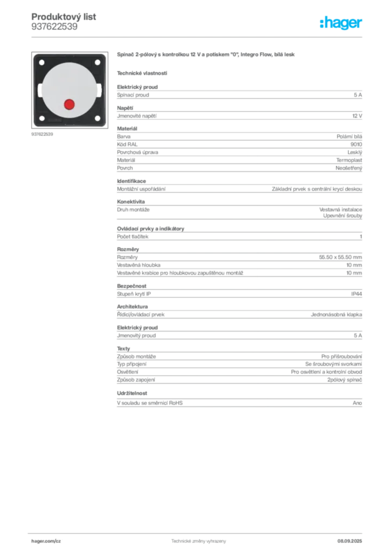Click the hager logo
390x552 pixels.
(340, 23)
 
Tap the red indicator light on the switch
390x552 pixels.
(69, 104)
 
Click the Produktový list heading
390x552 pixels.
(64, 17)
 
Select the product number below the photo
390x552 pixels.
(42, 134)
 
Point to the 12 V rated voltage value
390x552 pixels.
(357, 116)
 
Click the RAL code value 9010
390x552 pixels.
(356, 144)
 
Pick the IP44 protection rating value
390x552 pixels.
(357, 294)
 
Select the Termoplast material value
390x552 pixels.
(349, 160)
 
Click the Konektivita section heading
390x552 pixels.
(131, 202)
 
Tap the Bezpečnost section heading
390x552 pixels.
(131, 286)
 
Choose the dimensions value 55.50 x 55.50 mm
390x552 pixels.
(340, 257)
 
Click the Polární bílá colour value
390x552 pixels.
(349, 136)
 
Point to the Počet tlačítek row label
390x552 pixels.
(133, 237)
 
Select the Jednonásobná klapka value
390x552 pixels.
(336, 315)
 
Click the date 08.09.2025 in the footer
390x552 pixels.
(350, 541)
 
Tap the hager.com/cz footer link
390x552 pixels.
(46, 541)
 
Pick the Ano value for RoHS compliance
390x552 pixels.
(357, 403)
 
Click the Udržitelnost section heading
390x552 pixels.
(132, 393)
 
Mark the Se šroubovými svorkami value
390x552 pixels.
(333, 364)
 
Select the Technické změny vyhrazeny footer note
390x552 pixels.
(199, 541)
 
